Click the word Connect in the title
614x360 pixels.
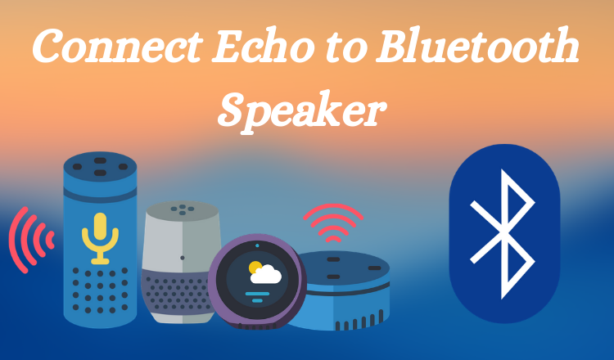[117, 47]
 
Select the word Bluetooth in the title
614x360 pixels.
[477, 46]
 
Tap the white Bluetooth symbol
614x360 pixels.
[503, 234]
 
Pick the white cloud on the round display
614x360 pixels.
[266, 274]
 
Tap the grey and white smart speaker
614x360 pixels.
[181, 262]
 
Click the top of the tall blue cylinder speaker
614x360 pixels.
[100, 167]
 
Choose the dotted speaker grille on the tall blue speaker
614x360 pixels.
[100, 290]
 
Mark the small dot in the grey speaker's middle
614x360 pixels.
[183, 258]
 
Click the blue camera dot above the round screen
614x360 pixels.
[257, 245]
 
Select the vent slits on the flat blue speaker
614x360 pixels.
[359, 321]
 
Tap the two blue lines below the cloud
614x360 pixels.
[257, 297]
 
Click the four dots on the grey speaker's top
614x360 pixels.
[182, 209]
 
